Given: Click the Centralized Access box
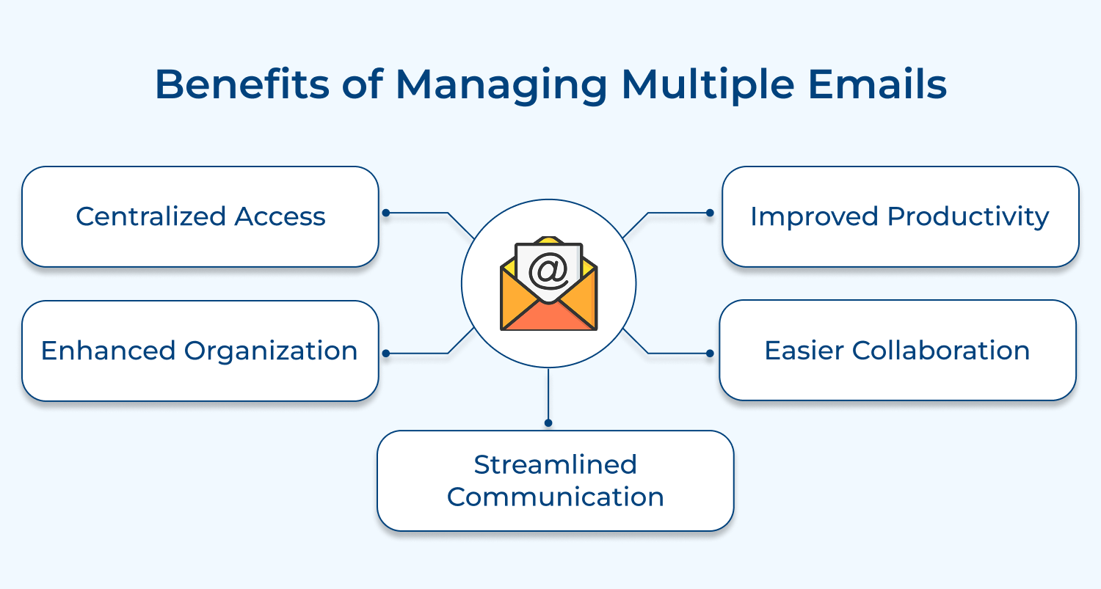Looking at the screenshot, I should [200, 216].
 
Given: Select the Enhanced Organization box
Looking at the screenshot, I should [200, 351].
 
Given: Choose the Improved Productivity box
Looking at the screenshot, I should [900, 216].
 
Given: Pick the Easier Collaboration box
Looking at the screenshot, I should [897, 350].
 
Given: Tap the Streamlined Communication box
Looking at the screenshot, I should [555, 480].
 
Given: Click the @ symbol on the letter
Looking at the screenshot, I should [548, 271].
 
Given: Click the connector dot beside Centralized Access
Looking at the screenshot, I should [386, 213].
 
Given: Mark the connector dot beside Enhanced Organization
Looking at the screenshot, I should [386, 354].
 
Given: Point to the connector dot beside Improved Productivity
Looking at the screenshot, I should [709, 213].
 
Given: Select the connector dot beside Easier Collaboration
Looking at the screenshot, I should [709, 354].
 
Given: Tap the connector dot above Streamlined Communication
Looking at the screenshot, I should [548, 422].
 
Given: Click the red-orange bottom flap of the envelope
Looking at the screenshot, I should [548, 317].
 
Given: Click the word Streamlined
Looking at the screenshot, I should [555, 464].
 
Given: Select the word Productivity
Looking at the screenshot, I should [968, 216].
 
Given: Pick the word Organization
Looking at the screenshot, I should [271, 351].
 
